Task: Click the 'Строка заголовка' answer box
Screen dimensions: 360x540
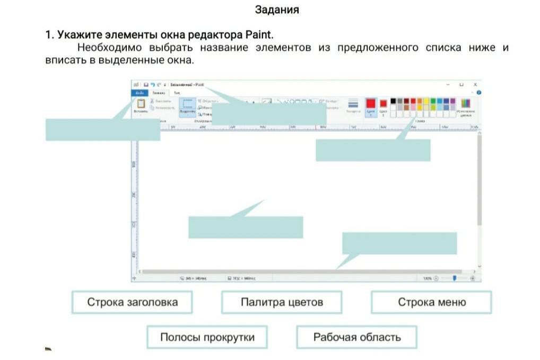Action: pos(132,302)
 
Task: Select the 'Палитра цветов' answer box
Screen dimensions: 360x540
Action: pos(282,302)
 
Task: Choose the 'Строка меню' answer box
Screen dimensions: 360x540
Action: pos(431,302)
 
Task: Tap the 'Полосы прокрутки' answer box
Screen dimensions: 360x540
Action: pos(207,337)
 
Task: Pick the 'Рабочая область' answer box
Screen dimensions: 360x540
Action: pos(356,337)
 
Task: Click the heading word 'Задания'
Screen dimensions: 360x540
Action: pos(277,10)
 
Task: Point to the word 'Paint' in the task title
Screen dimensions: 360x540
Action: pos(258,36)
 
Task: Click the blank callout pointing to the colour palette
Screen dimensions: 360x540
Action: pos(373,150)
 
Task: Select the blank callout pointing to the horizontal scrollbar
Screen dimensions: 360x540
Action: pos(399,243)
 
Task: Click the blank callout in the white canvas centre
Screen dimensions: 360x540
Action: pos(246,227)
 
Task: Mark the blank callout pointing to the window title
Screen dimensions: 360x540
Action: pos(268,113)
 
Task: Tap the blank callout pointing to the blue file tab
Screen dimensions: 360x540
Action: pos(102,129)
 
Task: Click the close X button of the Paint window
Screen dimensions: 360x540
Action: pos(475,84)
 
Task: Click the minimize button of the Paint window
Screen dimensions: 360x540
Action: pos(448,84)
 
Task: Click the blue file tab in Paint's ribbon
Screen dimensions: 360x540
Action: pos(138,92)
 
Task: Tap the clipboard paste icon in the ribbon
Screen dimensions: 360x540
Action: pos(141,103)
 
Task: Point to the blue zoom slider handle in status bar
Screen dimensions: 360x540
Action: pos(454,278)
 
